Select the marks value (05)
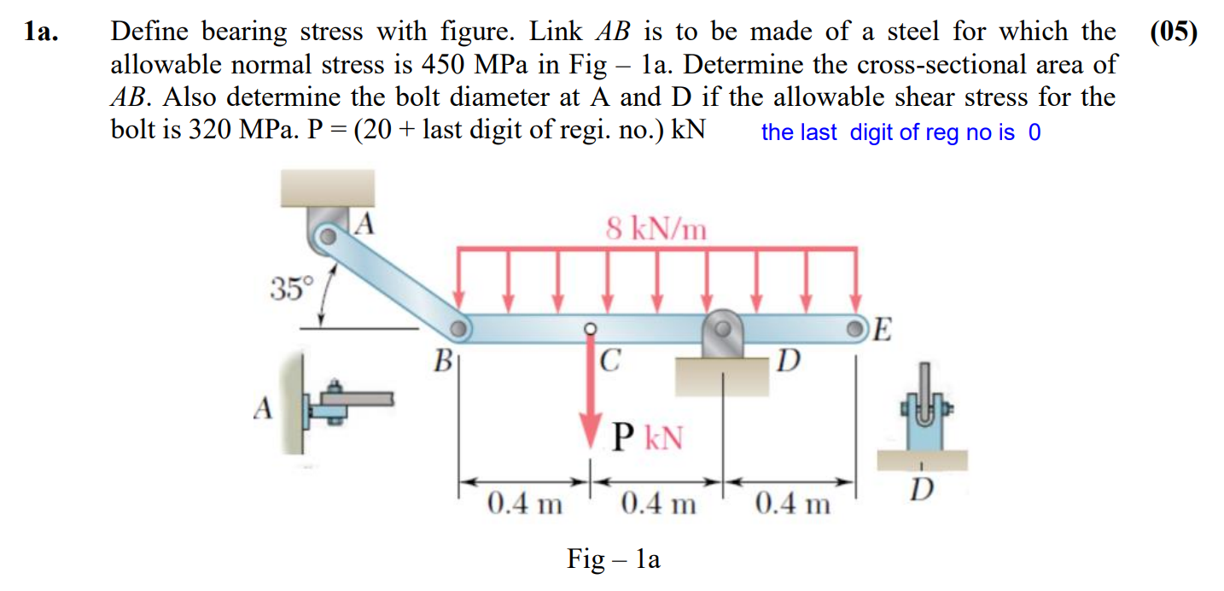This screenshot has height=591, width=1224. point(1173,32)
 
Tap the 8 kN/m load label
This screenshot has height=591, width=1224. point(656,228)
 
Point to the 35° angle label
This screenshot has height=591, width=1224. point(293,290)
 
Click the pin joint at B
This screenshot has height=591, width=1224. point(459,327)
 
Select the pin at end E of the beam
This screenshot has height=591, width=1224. point(857,329)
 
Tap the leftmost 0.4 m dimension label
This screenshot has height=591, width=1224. point(523,505)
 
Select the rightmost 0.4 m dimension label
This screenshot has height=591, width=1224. point(792,505)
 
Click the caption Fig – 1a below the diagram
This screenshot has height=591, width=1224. point(613,559)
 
